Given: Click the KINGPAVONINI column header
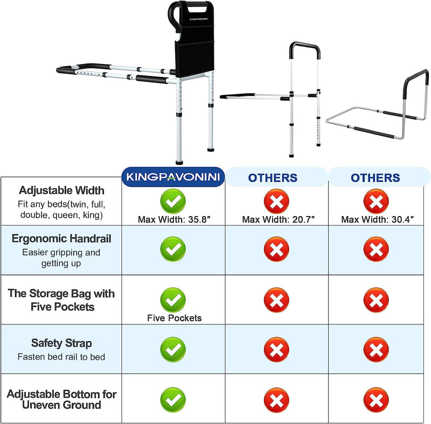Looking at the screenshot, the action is click(x=173, y=177).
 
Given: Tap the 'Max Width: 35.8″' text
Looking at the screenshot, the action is click(x=174, y=220).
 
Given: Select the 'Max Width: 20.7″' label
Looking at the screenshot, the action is click(x=278, y=220).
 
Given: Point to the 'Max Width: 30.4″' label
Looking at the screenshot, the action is click(x=378, y=220).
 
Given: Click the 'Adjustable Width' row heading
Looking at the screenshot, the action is click(x=61, y=190).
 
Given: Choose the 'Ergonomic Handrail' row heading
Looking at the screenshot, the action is click(x=61, y=239).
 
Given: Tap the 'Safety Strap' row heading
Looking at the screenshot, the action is click(x=61, y=343).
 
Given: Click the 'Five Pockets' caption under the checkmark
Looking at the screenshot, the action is click(x=174, y=318).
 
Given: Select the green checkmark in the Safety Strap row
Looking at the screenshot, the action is click(x=173, y=350).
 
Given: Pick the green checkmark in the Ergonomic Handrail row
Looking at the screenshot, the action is click(x=173, y=249).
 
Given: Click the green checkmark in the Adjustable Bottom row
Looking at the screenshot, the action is click(x=173, y=400).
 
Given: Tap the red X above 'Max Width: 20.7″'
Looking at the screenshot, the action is click(x=276, y=201).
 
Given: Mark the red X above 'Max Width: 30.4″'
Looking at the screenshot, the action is click(x=376, y=201).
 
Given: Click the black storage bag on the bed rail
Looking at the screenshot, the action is click(x=194, y=40).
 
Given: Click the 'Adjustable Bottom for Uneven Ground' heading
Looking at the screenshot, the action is click(x=61, y=400).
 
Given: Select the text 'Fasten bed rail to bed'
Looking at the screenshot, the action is click(x=61, y=357).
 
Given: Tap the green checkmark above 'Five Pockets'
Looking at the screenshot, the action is click(x=173, y=300).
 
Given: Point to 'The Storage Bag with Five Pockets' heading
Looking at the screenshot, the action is click(x=61, y=300).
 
